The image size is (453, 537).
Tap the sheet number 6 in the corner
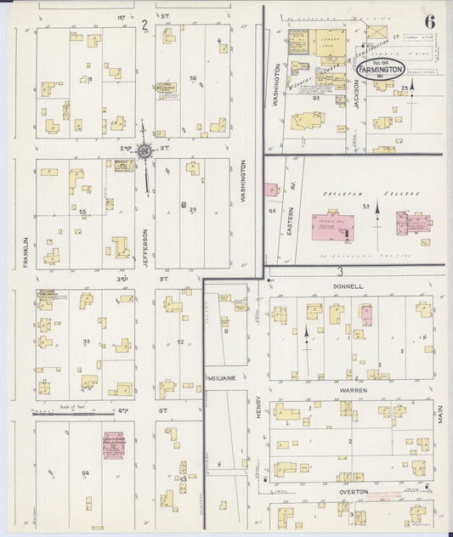tap(431, 21)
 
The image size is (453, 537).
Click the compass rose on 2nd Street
tap(144, 151)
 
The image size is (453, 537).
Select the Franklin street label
tap(26, 252)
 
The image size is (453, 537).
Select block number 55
tap(83, 211)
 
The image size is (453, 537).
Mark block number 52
tap(181, 342)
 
